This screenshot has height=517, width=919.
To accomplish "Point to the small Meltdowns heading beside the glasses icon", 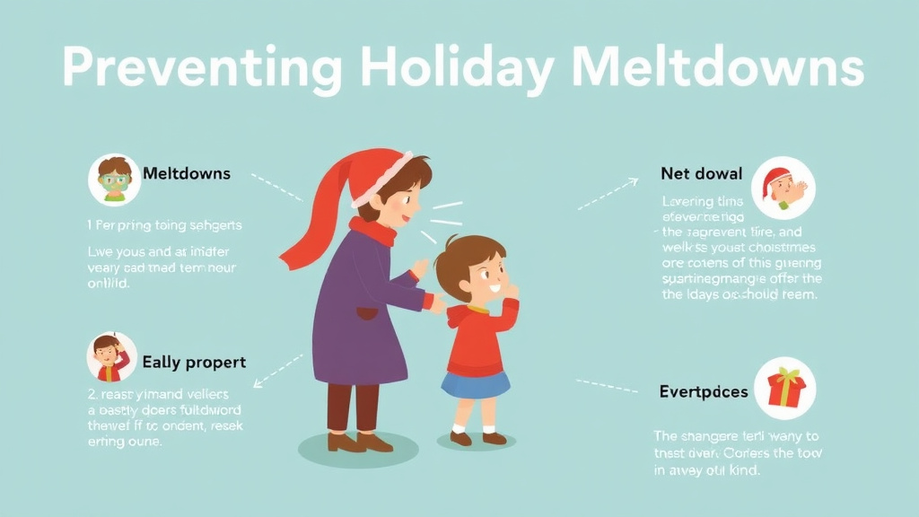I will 187,173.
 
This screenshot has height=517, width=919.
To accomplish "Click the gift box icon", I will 786,386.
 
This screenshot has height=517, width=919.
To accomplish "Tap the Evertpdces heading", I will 703,392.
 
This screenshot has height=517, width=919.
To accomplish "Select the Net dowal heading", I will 701,173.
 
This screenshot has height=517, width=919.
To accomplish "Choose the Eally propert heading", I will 194,363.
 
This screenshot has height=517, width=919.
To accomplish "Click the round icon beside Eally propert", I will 111,356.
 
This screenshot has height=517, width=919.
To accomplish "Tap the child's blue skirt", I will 475,384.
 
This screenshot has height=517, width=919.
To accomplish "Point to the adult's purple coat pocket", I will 366,314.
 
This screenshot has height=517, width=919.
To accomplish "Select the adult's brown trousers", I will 353,407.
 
